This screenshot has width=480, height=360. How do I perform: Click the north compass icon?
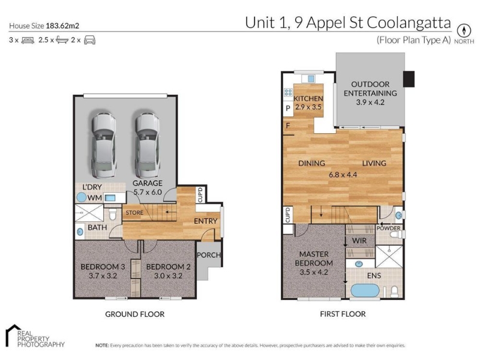464,31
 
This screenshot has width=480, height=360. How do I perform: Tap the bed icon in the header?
28,40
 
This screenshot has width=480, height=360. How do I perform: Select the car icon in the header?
89,40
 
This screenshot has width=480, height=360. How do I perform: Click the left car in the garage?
104,145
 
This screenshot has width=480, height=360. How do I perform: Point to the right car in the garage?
148,145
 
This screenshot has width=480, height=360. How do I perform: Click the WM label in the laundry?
95,198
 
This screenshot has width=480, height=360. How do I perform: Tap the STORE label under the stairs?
134,213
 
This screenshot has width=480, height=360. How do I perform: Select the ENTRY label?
205,221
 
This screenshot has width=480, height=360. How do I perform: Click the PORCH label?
208,254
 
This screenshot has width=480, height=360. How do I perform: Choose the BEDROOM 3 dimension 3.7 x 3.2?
103,276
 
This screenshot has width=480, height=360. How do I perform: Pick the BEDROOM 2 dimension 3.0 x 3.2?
168,276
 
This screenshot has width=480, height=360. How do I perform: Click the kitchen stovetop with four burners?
288,92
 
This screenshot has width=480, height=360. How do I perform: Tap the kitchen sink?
311,79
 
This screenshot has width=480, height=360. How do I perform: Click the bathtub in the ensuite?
365,290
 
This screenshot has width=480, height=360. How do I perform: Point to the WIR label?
359,241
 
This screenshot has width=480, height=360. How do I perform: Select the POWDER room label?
388,229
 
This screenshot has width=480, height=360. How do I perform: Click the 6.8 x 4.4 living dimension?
343,175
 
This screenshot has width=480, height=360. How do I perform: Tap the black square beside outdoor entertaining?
409,79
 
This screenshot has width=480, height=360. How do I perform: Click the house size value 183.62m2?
62,26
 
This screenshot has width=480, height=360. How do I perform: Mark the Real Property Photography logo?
35,336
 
